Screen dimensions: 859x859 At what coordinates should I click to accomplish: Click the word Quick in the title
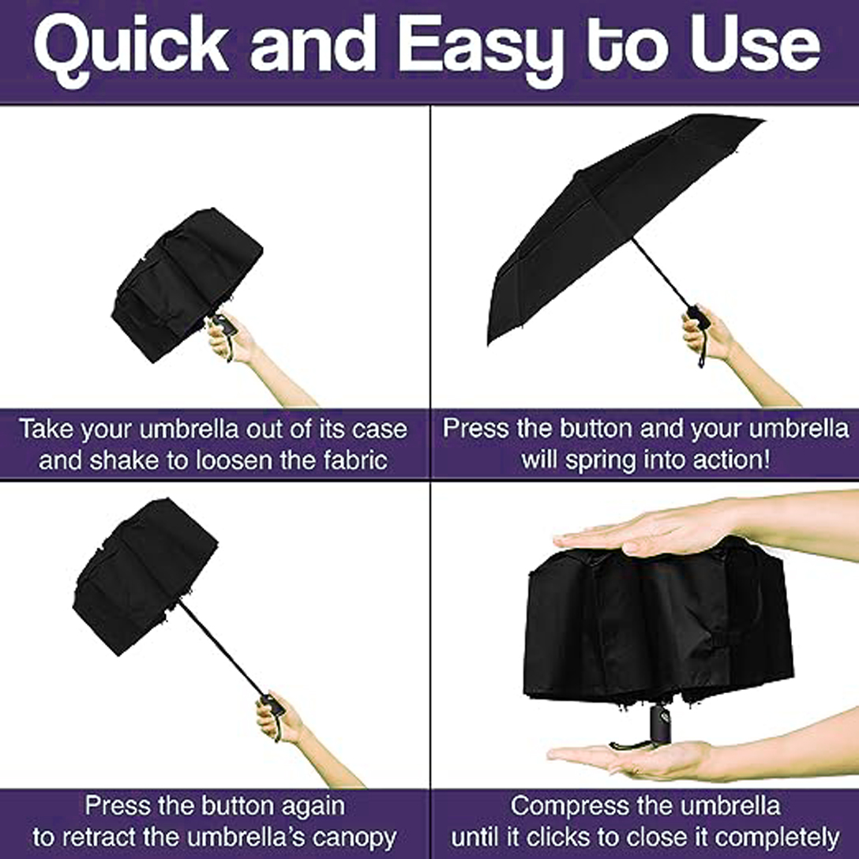point(131,48)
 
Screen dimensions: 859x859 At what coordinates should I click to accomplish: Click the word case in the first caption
point(380,429)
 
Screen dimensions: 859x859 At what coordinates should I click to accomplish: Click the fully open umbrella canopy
point(608,219)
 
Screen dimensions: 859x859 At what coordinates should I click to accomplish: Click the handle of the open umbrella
point(699,317)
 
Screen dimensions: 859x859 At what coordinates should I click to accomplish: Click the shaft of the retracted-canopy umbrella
point(221,649)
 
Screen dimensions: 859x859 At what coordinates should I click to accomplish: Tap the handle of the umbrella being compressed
point(661,724)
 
